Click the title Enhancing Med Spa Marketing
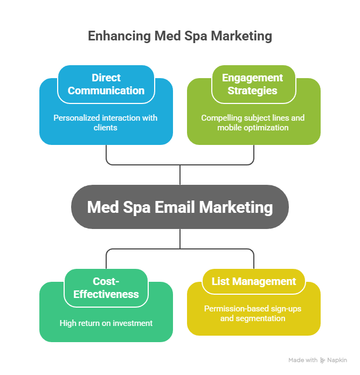(180, 37)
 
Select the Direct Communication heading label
(106, 84)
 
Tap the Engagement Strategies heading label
(253, 84)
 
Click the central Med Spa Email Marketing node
(180, 207)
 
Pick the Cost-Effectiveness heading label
(106, 288)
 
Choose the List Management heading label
(253, 281)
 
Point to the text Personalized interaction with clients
(106, 123)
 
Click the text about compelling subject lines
(253, 123)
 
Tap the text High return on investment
(106, 323)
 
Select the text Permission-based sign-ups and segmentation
(253, 314)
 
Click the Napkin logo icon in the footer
(323, 360)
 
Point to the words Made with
(303, 360)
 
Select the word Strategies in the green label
(253, 91)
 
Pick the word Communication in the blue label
(106, 91)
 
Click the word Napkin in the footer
(337, 360)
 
